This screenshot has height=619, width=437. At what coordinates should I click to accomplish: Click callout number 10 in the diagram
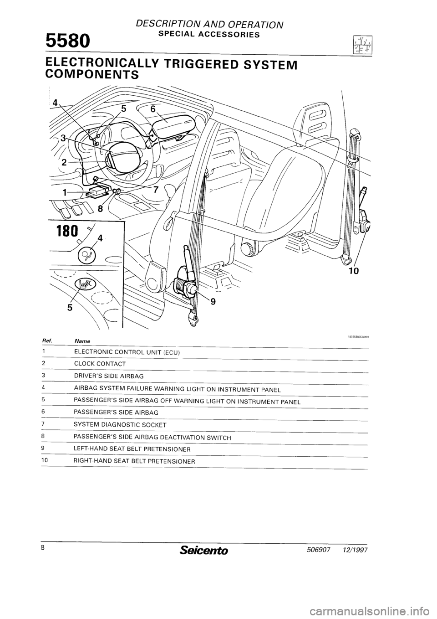coord(354,271)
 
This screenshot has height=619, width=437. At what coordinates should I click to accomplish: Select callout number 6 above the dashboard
coord(153,109)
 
